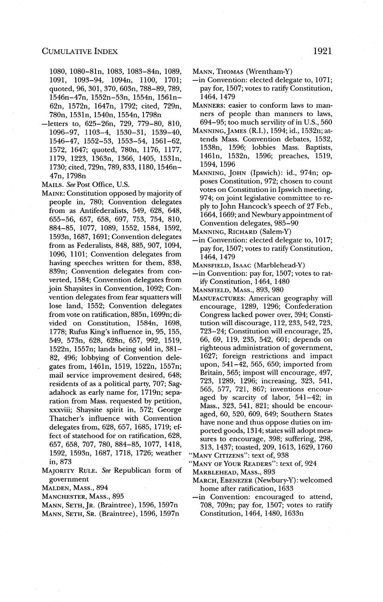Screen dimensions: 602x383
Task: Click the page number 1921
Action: [x=322, y=51]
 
